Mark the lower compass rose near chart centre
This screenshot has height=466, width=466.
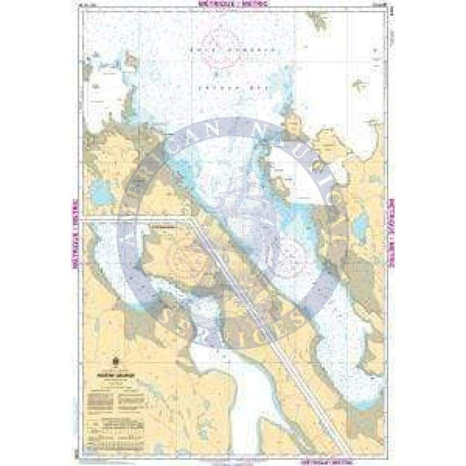click(x=292, y=258)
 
